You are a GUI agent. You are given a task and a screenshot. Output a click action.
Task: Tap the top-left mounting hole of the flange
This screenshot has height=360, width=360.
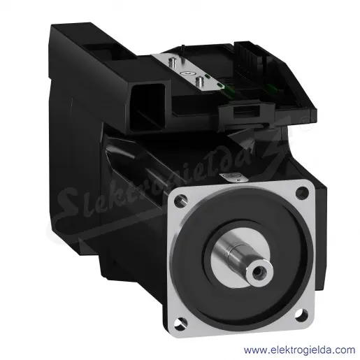(180, 201)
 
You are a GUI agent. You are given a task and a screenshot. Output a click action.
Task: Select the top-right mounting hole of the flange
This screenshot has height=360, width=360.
(302, 192)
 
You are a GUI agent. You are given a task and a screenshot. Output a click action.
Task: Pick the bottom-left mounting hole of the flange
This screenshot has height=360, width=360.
(180, 324)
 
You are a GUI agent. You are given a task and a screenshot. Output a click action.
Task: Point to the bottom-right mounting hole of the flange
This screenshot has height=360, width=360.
(301, 313)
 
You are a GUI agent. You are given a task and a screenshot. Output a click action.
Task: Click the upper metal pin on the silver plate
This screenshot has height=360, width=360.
(172, 62)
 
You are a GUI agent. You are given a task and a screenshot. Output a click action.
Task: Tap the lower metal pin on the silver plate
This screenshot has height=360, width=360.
(199, 82)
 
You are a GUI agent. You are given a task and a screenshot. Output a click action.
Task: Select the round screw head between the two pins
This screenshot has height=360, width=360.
(187, 73)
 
